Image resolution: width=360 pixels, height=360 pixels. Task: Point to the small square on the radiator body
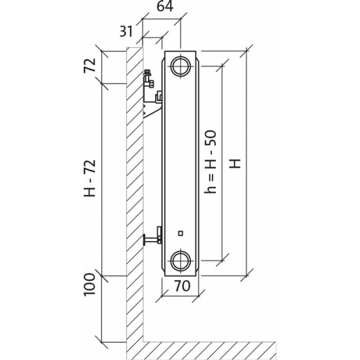[180, 233]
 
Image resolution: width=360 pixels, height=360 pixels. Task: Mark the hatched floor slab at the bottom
[207, 347]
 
